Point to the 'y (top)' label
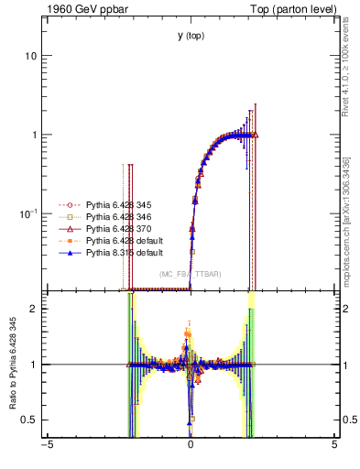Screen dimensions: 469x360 191,36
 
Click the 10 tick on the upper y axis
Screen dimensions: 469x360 30,56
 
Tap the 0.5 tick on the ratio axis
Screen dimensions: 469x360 28,420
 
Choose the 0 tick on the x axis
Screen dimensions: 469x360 191,448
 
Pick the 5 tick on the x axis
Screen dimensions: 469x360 334,448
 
